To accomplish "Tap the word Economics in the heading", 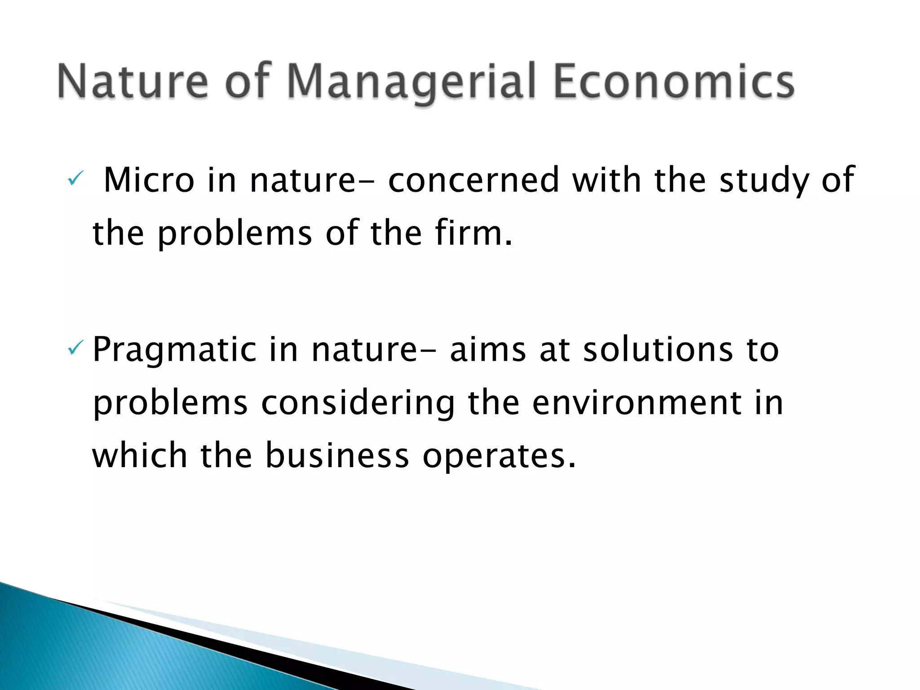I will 674,82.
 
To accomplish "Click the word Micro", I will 149,180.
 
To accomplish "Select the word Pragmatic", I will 174,350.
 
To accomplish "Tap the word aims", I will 488,350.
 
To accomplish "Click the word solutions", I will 659,350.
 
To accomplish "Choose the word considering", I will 358,403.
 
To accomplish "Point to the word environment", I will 637,403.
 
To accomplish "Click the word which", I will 140,456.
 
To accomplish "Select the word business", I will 337,456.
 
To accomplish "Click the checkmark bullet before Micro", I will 73,180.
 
